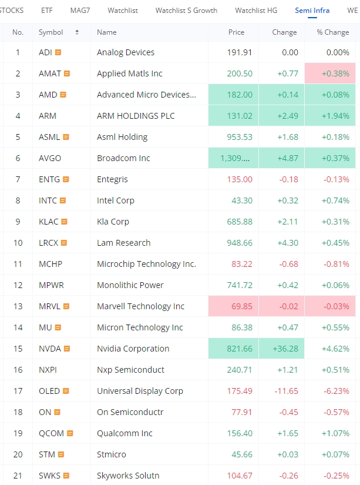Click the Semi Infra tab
(312, 11)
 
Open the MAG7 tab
(80, 11)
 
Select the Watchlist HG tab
(256, 11)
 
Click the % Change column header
(333, 32)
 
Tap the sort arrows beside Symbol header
(77, 32)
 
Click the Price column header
(236, 32)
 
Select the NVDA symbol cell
(49, 349)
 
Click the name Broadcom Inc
(123, 158)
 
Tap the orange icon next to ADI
(58, 52)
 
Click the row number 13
(18, 306)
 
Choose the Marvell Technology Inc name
(140, 306)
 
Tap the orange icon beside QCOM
(70, 433)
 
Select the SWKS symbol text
(49, 476)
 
